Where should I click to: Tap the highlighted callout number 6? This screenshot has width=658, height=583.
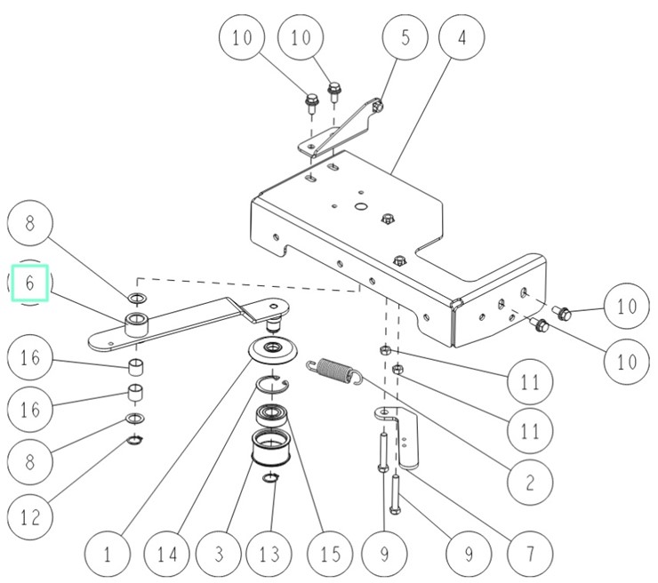pos(30,284)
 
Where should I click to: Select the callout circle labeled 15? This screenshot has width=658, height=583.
pos(329,555)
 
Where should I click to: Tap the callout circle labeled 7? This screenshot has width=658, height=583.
pos(528,555)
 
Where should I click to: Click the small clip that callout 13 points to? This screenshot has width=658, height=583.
pos(271,480)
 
